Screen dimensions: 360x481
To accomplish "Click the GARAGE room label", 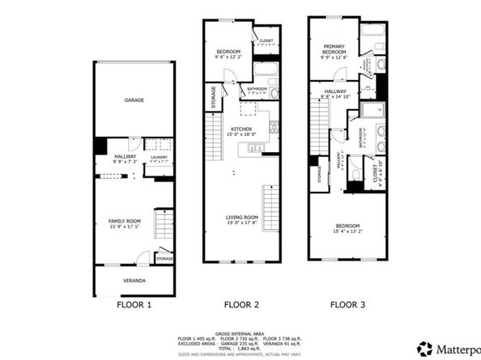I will (x=134, y=100).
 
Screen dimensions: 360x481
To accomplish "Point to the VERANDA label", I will (x=134, y=280).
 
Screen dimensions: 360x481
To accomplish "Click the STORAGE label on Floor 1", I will (x=164, y=258).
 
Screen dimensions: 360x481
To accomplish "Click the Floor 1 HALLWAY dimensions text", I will (x=125, y=163).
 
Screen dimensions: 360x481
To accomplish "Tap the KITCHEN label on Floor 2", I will (x=241, y=129).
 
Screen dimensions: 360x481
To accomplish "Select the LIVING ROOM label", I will (x=241, y=217).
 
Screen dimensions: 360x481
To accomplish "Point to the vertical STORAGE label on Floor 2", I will (x=214, y=98).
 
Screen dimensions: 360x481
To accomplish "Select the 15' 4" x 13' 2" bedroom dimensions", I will (x=347, y=231).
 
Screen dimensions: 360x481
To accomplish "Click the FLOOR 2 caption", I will (x=241, y=306).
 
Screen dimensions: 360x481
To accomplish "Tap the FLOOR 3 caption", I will (x=347, y=306).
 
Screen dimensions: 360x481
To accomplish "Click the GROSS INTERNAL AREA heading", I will (x=240, y=332).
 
